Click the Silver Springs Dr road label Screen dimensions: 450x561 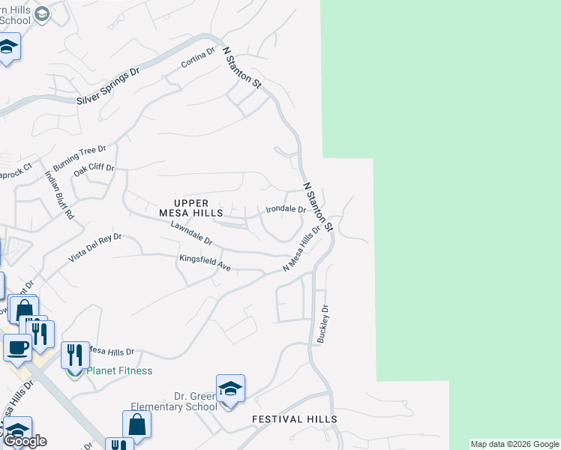click(109, 88)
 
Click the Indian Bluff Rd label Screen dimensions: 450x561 click(60, 194)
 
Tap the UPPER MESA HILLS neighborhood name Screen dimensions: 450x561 click(198, 208)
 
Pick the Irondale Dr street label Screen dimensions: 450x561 click(286, 210)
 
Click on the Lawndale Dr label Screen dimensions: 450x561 click(192, 232)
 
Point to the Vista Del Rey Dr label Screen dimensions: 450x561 click(95, 247)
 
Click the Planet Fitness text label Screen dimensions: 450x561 click(119, 370)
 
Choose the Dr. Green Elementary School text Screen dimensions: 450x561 click(174, 401)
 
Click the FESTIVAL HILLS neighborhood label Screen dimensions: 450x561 click(294, 419)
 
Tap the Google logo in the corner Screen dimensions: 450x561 click(25, 441)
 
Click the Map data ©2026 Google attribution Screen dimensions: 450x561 click(514, 444)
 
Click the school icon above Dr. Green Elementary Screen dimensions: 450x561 click(230, 388)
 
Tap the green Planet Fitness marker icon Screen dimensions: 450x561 click(74, 370)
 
